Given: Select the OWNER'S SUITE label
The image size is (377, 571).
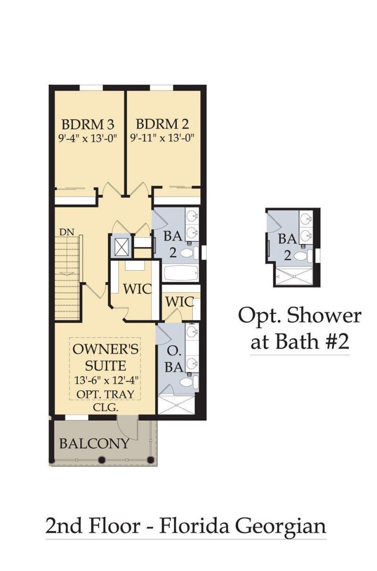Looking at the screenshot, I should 106,357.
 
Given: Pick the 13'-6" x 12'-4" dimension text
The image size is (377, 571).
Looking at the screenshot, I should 106,379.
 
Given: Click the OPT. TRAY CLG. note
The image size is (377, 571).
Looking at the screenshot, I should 106,401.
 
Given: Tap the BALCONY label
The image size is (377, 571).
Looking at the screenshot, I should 94,443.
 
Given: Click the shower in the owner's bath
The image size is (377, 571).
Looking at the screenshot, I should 175,404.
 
